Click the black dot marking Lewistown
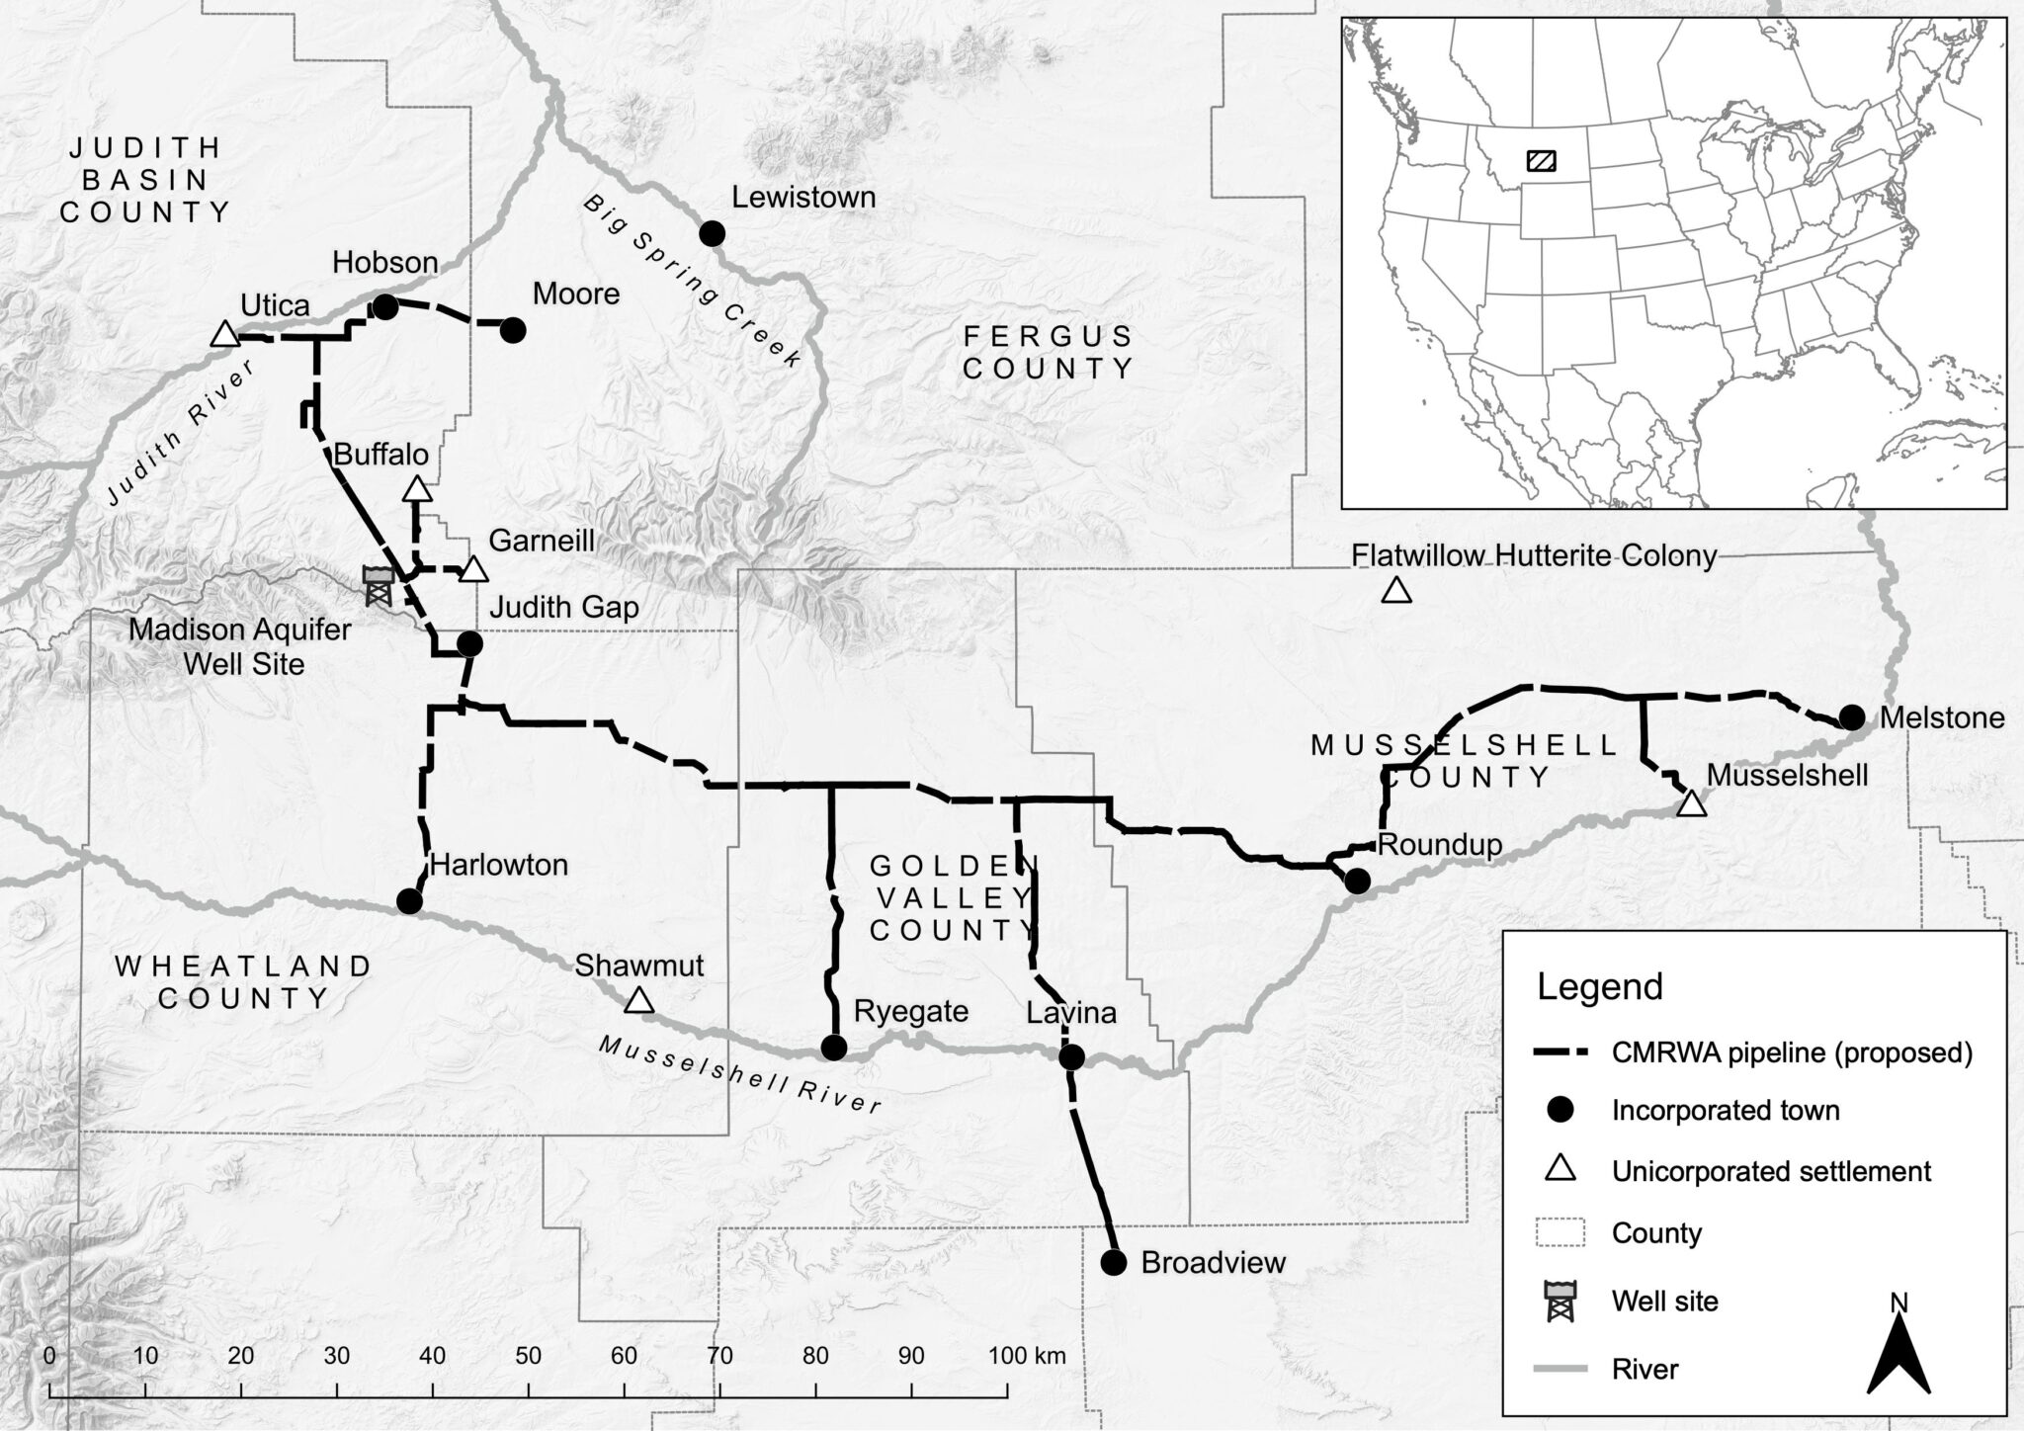pos(712,234)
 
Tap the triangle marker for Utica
pos(224,334)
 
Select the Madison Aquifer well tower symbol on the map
pos(378,585)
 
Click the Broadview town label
pos(1213,1262)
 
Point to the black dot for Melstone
pos(1851,717)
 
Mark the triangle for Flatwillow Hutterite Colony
pos(1395,590)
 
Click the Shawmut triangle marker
pos(639,1000)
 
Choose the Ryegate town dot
pos(835,1048)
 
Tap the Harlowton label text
pos(499,865)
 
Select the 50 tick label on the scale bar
pos(528,1356)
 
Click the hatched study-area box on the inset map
pos(1541,160)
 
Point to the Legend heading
pos(1599,986)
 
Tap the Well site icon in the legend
pos(1560,1300)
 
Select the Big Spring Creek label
pos(692,283)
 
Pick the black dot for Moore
pos(513,330)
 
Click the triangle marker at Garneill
pos(474,570)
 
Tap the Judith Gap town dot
pos(470,644)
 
